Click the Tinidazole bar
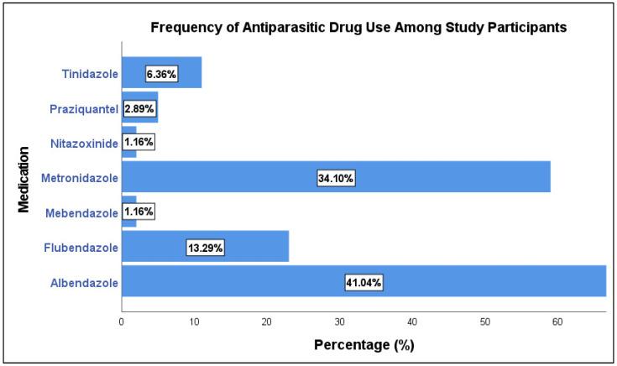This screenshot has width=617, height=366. [x=189, y=72]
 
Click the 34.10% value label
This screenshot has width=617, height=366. [x=336, y=178]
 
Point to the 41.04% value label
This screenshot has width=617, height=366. [x=363, y=283]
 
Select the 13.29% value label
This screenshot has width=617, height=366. [x=204, y=248]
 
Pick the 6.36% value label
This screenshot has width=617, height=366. [x=161, y=73]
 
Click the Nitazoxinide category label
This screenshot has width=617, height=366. [x=78, y=143]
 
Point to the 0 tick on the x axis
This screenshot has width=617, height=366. [x=122, y=320]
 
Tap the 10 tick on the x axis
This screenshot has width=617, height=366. [x=194, y=320]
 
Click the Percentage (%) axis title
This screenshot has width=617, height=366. [x=363, y=345]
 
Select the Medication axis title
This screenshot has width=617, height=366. [x=24, y=179]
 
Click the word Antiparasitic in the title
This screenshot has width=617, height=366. [x=257, y=28]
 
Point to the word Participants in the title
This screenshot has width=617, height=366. [x=530, y=28]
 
